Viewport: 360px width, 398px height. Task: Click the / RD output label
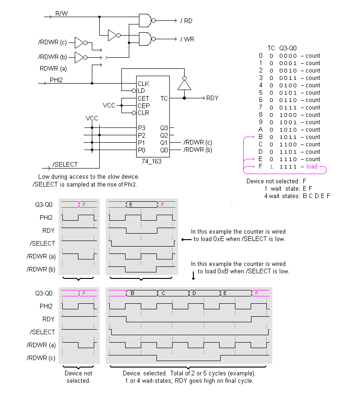coord(186,21)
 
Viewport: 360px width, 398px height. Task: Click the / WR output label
coord(187,39)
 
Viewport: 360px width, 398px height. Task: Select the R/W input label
coord(61,13)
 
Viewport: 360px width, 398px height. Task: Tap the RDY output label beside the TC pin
coord(212,98)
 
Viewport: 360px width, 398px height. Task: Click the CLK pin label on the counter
coord(143,84)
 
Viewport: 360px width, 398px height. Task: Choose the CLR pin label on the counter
coord(143,113)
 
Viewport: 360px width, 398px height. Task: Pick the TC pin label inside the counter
coord(164,98)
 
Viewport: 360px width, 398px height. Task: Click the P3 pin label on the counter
coord(141,128)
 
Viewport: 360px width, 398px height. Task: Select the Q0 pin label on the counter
coord(164,150)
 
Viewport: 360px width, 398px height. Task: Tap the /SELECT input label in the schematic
coord(65,164)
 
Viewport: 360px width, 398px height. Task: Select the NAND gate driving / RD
coord(146,20)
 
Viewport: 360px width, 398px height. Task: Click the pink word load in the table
coord(312,167)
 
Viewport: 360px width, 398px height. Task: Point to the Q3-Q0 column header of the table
coord(288,48)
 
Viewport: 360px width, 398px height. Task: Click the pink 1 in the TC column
coord(271,167)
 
